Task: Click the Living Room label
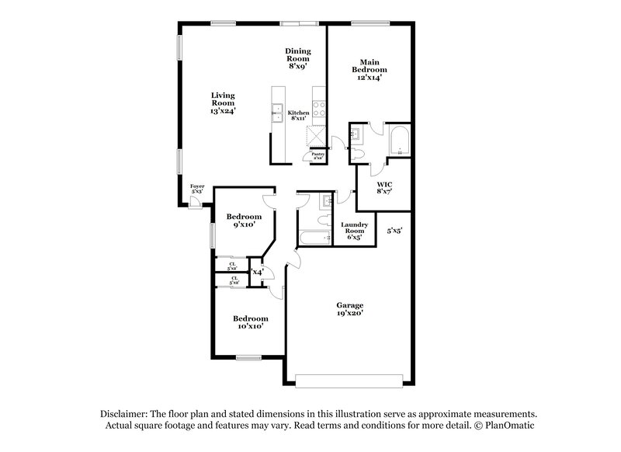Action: tap(223, 104)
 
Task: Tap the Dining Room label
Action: tap(297, 58)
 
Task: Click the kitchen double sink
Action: tap(276, 114)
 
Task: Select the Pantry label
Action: tap(317, 155)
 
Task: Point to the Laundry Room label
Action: tap(353, 231)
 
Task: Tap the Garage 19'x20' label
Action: tap(349, 308)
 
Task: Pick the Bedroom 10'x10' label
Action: tap(251, 322)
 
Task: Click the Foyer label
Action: tap(197, 189)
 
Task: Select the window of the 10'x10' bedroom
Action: tap(248, 358)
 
